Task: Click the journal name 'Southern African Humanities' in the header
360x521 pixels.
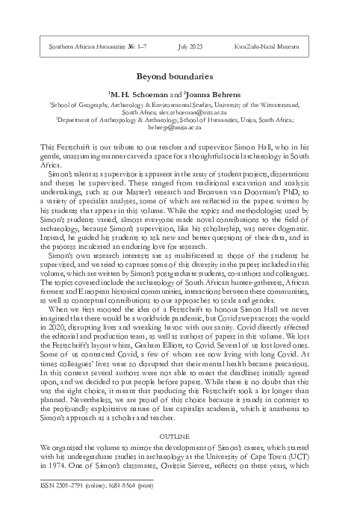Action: point(80,47)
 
